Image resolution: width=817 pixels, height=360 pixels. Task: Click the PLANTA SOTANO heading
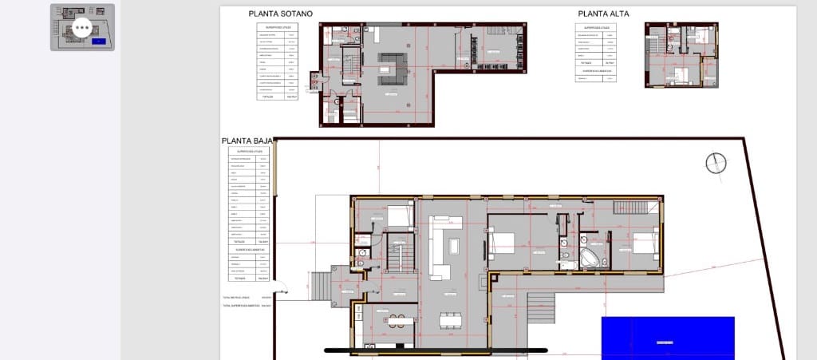[280, 14]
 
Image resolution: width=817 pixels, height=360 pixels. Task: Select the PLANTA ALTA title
[606, 14]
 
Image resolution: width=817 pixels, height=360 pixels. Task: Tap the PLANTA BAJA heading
[247, 141]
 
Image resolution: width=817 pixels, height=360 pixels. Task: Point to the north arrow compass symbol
[716, 163]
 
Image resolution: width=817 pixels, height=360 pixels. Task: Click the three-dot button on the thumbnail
[82, 28]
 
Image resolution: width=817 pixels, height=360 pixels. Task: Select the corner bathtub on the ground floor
[591, 258]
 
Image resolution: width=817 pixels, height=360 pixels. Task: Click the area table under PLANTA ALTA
[597, 53]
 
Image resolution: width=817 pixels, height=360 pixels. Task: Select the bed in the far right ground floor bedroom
[643, 241]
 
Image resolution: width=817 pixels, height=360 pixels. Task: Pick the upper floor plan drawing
[681, 53]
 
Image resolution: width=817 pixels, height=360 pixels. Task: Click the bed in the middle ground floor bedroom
[504, 241]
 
